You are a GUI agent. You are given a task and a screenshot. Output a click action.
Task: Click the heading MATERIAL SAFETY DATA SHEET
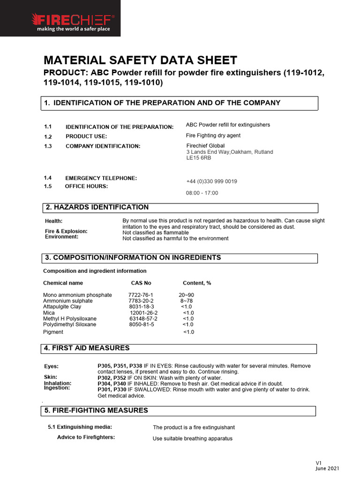140,60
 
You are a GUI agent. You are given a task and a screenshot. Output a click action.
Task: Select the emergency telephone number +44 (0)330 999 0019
211,181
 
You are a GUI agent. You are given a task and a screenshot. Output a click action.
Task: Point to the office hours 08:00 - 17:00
202,193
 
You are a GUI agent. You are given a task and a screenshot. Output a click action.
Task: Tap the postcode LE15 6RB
199,158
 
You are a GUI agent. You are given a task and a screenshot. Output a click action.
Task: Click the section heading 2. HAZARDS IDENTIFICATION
97,207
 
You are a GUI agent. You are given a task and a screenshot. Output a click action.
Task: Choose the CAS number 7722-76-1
141,295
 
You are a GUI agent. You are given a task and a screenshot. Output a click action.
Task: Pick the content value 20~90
187,295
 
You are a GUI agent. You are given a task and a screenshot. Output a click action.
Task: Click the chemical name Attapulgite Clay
62,307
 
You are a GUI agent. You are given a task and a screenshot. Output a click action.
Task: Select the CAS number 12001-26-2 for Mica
144,313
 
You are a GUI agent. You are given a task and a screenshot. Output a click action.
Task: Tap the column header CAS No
141,283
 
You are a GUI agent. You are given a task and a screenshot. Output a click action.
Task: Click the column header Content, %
197,283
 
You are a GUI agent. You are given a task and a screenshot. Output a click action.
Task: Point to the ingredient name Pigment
53,332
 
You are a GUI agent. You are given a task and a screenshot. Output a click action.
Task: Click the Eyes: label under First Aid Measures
52,367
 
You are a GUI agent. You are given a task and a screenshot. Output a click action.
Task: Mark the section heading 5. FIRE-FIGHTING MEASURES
96,411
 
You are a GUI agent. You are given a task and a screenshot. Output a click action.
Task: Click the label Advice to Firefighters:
86,437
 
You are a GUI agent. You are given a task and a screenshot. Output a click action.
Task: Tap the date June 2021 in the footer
327,468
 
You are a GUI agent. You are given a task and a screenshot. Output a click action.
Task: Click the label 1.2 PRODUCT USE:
86,136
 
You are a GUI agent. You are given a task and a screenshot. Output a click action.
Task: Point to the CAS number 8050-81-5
142,324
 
